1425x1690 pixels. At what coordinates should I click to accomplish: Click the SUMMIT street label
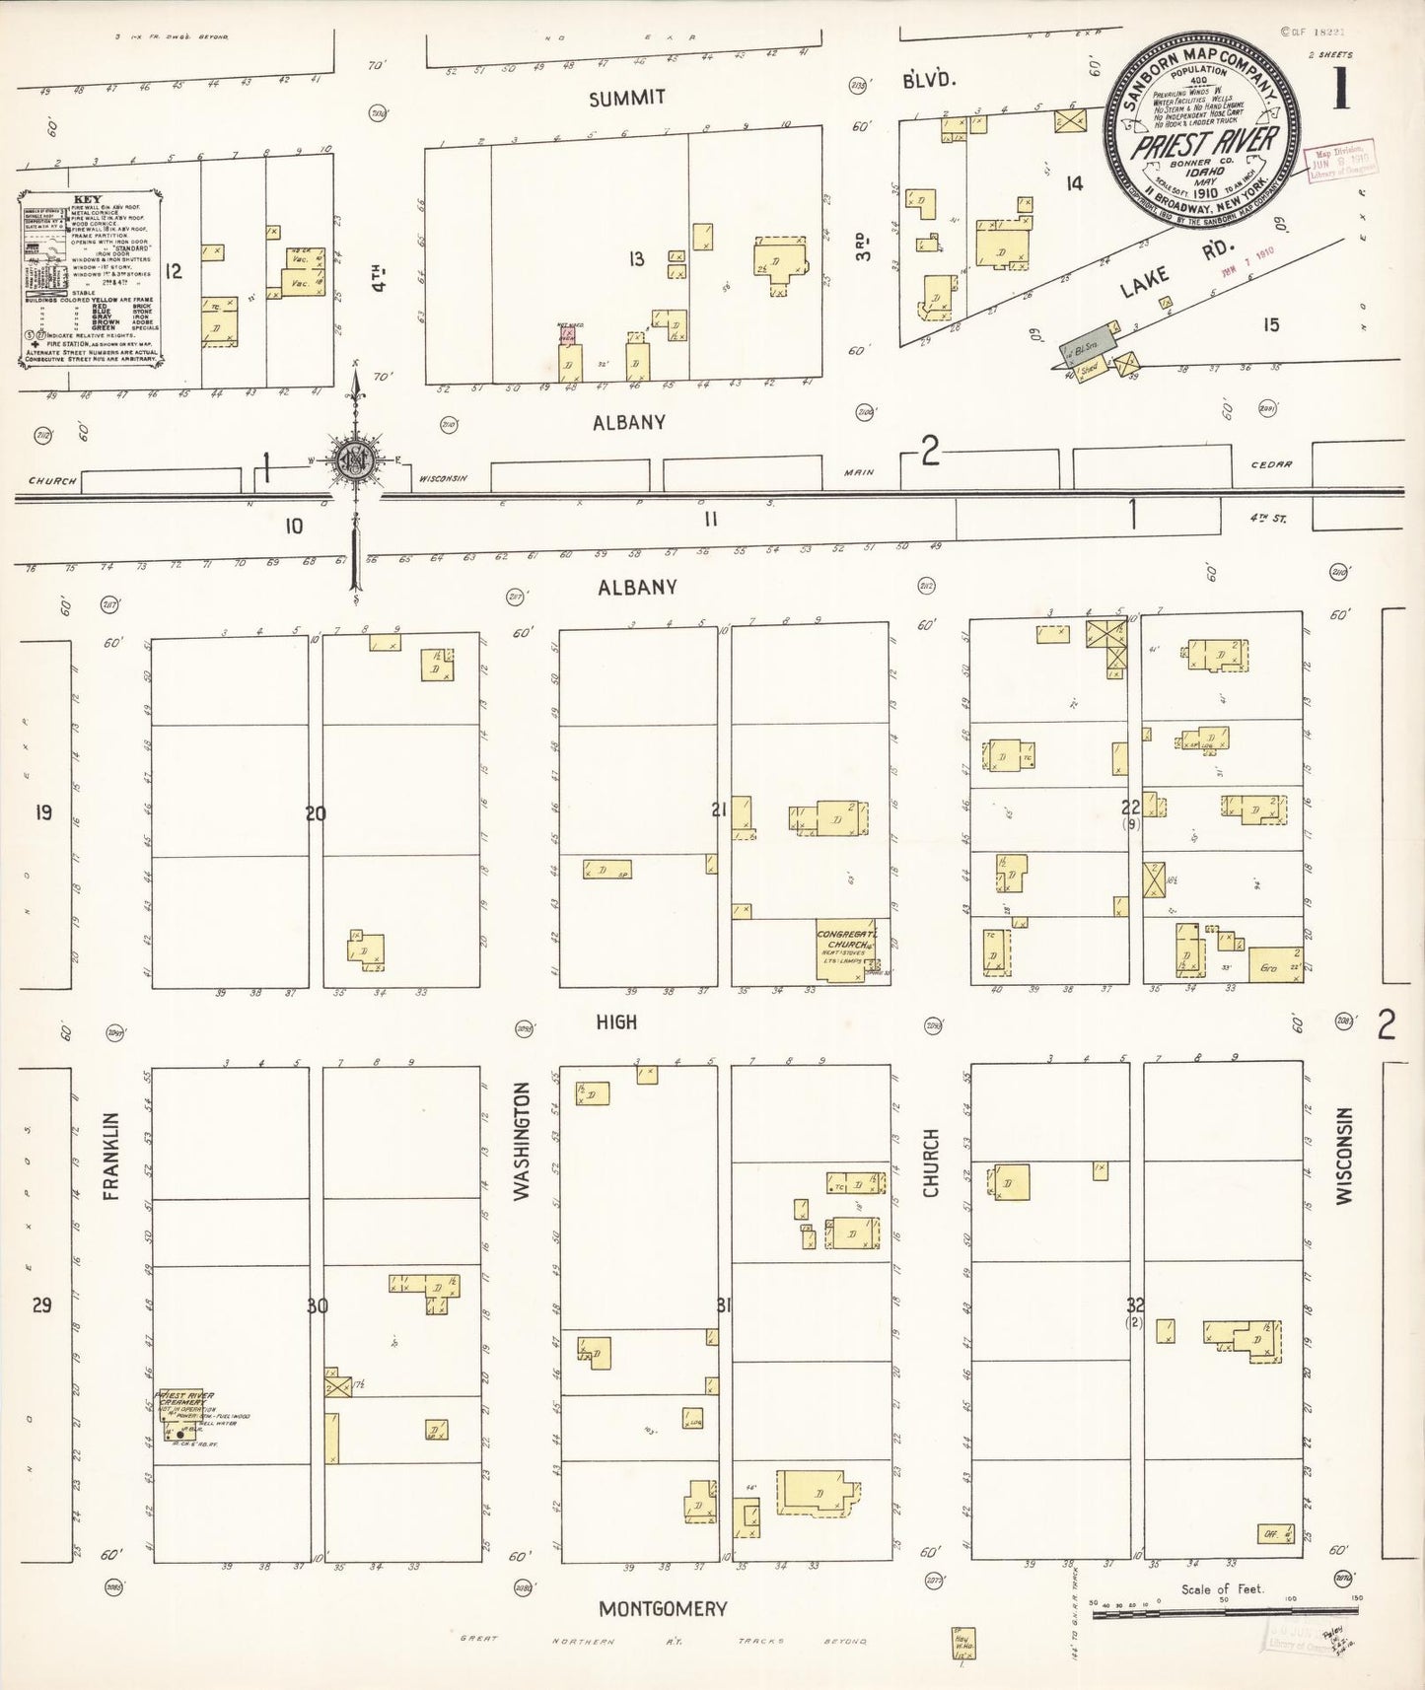tap(627, 98)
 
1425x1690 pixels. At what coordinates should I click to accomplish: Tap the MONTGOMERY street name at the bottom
tap(663, 1608)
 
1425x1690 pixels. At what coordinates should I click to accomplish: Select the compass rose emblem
tap(355, 460)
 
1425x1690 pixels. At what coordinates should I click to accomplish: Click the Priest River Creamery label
tap(185, 1399)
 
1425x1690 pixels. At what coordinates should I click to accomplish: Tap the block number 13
tap(637, 258)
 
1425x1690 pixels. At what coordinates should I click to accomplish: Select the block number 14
tap(1074, 182)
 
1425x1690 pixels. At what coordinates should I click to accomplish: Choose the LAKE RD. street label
tap(1173, 277)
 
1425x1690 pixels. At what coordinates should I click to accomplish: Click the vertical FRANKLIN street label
tap(110, 1156)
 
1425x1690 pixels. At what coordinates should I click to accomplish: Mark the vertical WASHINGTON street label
tap(522, 1141)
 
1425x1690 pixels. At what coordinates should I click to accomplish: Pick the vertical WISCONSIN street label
tap(1343, 1155)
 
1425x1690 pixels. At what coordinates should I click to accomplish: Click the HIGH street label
tap(616, 1022)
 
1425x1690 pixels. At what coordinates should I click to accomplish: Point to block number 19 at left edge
tap(43, 812)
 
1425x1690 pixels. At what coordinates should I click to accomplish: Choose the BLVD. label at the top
tap(928, 80)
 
